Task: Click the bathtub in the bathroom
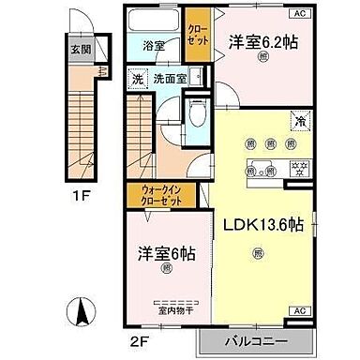(152, 22)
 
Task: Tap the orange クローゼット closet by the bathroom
(198, 37)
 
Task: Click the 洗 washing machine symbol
(136, 79)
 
